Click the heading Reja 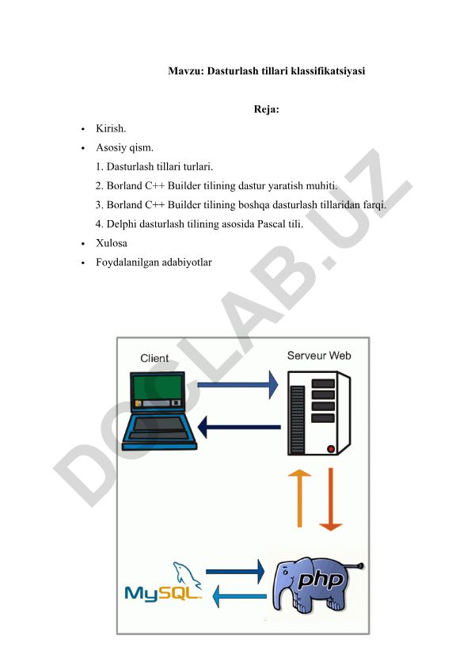point(266,109)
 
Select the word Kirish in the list point(110,128)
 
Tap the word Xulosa point(112,243)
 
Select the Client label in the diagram point(154,359)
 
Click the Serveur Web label point(319,356)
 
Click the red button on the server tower point(331,448)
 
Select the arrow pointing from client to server point(237,385)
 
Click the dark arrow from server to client point(239,428)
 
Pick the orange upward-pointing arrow point(299,498)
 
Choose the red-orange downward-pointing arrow point(330,500)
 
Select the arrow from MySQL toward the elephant point(235,572)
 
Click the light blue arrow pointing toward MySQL point(240,596)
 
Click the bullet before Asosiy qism point(83,148)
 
